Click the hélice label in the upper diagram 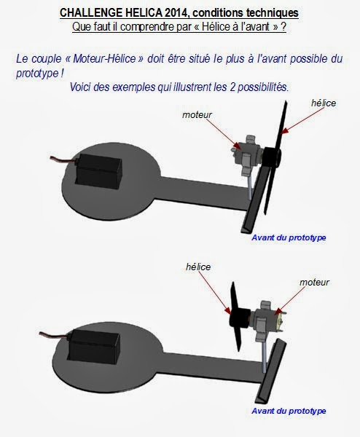click(323, 103)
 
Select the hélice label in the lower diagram click(197, 267)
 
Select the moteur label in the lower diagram click(314, 281)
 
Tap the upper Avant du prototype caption click(288, 237)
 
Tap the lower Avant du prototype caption click(289, 411)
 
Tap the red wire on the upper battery click(58, 159)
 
